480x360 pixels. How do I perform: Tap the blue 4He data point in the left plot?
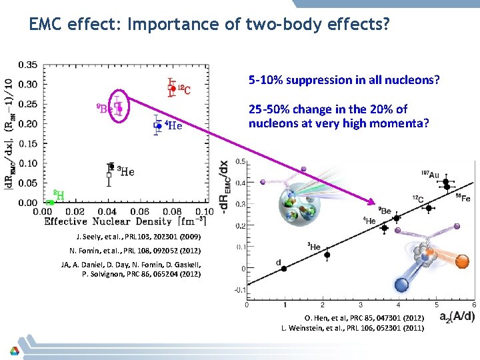pyautogui.click(x=159, y=125)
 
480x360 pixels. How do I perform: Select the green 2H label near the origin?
pyautogui.click(x=59, y=195)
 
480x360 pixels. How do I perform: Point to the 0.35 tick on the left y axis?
pyautogui.click(x=28, y=65)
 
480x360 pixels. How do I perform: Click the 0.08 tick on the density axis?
pyautogui.click(x=169, y=211)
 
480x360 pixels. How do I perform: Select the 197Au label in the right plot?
pyautogui.click(x=429, y=175)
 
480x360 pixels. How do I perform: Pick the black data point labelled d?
pyautogui.click(x=283, y=269)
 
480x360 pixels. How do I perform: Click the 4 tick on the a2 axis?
pyautogui.click(x=398, y=305)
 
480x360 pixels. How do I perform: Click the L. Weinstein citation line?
pyautogui.click(x=352, y=328)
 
